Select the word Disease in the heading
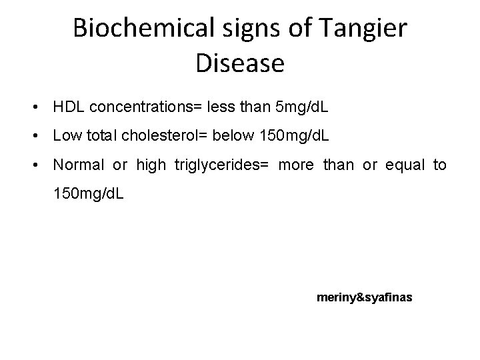click(241, 63)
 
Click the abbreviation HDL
click(68, 107)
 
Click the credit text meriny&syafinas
click(365, 297)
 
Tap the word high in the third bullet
click(151, 165)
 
